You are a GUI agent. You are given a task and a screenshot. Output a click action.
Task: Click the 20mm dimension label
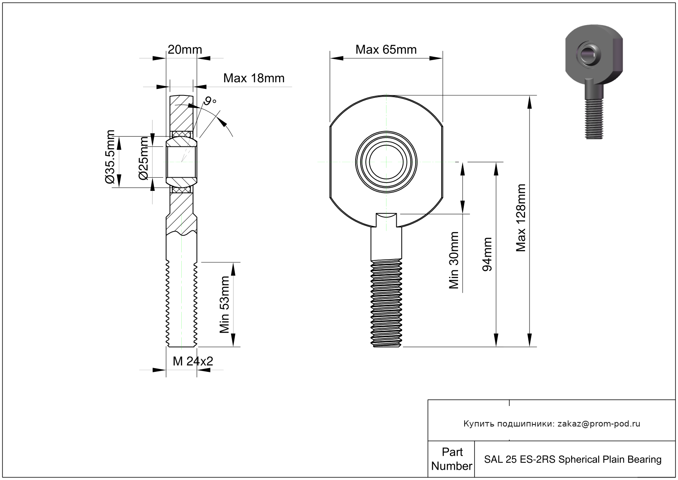click(x=185, y=50)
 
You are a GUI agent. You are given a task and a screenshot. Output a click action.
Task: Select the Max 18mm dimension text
click(x=254, y=78)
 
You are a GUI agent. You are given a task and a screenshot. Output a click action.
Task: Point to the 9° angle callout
click(x=210, y=101)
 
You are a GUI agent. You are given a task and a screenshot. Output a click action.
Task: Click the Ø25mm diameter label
click(x=143, y=159)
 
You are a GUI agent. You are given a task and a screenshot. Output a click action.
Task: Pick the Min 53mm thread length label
click(x=224, y=304)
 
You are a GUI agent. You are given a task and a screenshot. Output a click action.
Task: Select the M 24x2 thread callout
click(x=193, y=361)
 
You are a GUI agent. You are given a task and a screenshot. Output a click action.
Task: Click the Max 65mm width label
click(x=386, y=50)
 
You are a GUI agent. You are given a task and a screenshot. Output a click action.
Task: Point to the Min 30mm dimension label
click(x=454, y=260)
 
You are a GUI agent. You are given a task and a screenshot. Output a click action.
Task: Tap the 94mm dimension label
click(x=487, y=254)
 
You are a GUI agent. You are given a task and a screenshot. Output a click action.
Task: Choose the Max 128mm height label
click(x=521, y=218)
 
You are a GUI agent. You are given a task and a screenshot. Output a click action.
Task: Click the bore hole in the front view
click(x=386, y=162)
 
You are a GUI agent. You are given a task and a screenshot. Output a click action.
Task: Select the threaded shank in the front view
click(x=386, y=302)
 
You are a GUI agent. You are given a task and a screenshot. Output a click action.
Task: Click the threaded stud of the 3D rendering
click(x=594, y=119)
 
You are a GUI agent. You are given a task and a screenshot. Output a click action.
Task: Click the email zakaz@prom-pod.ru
click(x=599, y=424)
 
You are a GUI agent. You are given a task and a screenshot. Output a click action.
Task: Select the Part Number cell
click(x=451, y=459)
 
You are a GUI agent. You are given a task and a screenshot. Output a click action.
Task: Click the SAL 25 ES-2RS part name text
click(x=572, y=459)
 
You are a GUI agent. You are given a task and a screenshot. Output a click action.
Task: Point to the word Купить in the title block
click(x=479, y=424)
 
